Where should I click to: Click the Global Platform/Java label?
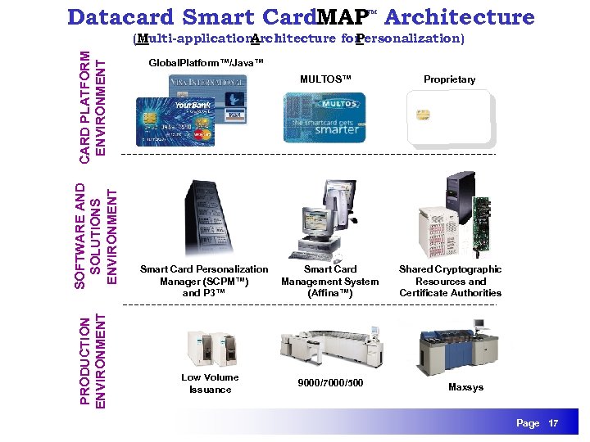click(x=200, y=63)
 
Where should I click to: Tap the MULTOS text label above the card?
click(x=324, y=79)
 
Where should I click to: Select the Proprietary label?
click(x=449, y=79)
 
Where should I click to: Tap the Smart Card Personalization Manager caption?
click(x=204, y=281)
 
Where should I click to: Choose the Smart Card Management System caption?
click(x=329, y=281)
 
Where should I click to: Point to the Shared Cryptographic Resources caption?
click(x=450, y=281)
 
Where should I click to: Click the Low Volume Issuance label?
click(x=210, y=383)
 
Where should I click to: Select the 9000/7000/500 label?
click(x=330, y=383)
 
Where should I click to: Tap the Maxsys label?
click(x=466, y=387)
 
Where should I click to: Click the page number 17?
click(x=553, y=423)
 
